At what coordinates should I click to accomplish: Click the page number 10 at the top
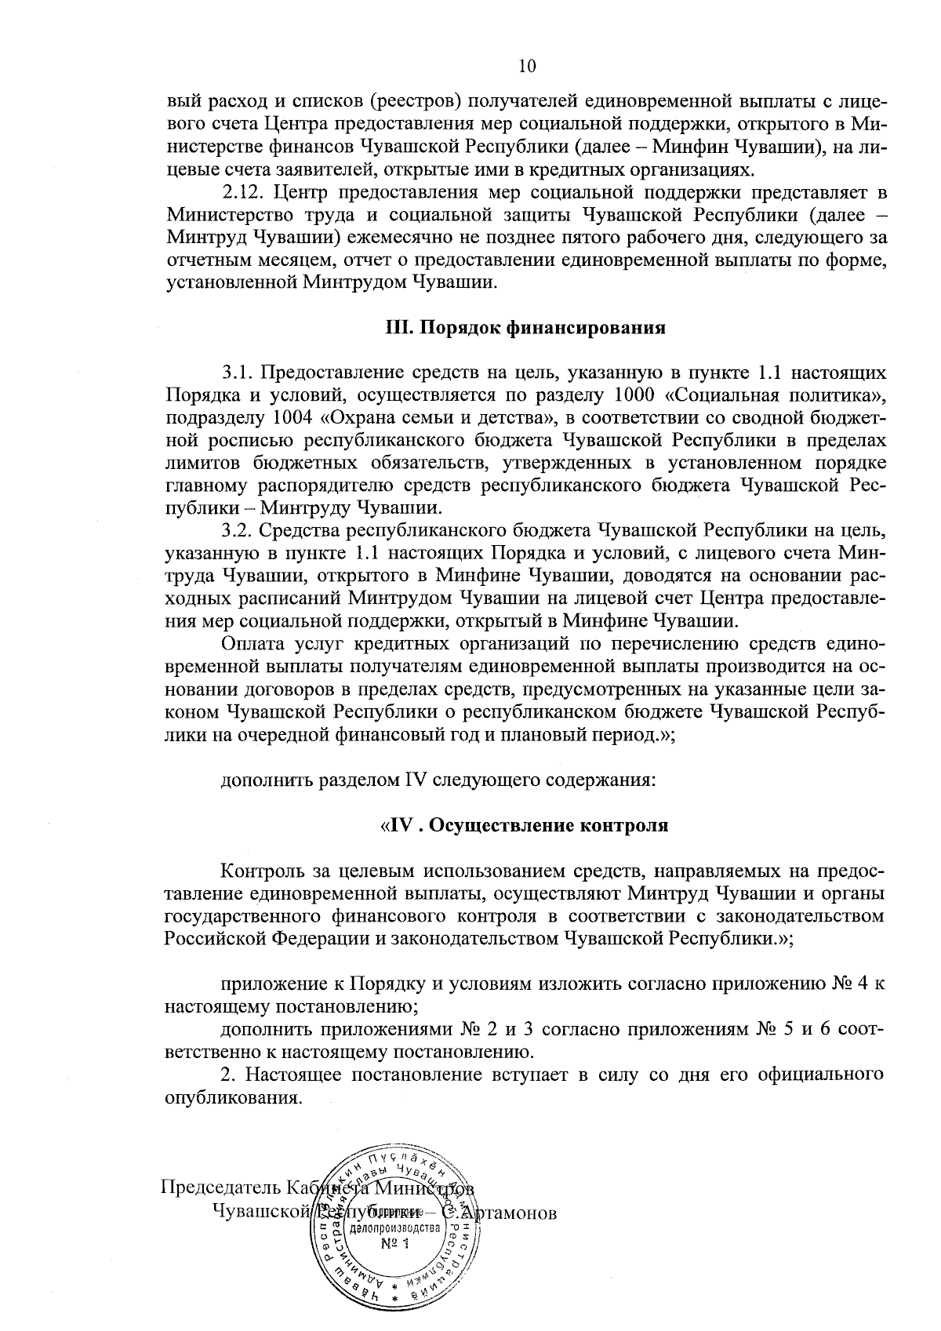[x=527, y=67]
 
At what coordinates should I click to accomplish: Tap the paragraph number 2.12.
[x=243, y=192]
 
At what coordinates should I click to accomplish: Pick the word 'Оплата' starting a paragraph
[x=248, y=645]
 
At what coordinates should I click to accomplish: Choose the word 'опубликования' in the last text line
[x=232, y=1097]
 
